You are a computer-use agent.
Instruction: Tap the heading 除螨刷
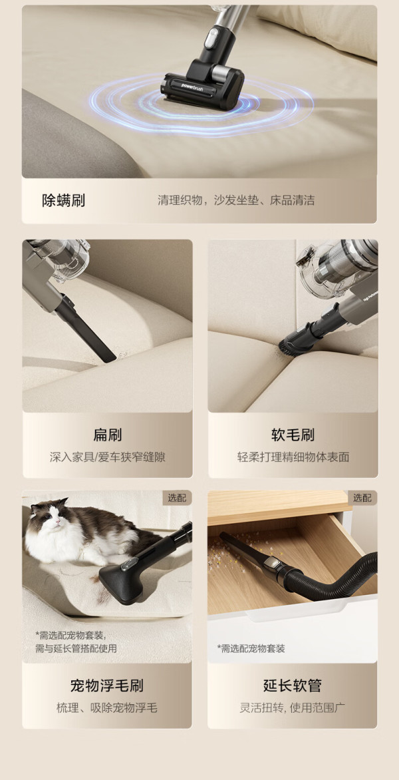pos(63,200)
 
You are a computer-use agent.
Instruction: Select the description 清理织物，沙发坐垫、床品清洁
pos(236,200)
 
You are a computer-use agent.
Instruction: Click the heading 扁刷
pos(107,435)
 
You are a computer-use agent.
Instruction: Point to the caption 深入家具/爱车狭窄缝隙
pos(107,457)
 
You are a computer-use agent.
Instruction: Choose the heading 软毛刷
pos(293,435)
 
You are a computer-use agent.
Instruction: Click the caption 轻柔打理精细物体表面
pos(293,457)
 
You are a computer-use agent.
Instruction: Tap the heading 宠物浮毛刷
pos(107,685)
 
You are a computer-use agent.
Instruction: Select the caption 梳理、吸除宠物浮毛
pos(107,708)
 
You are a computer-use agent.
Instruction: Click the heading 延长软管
pos(293,685)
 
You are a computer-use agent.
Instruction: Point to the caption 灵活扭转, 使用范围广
pos(293,708)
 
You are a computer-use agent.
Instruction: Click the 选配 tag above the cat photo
pos(177,498)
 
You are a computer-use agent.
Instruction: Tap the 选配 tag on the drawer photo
pos(362,498)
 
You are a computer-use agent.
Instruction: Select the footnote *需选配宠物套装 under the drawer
pos(251,648)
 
